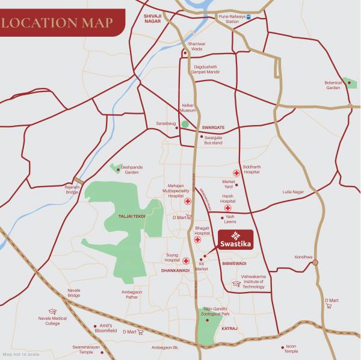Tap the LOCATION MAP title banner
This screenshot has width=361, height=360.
(57, 23)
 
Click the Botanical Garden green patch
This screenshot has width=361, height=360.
(351, 82)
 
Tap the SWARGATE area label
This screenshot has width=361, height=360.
(213, 128)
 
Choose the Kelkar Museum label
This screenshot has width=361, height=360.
(188, 108)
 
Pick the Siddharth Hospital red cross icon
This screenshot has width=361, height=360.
(237, 173)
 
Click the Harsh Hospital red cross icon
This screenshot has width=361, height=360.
(227, 208)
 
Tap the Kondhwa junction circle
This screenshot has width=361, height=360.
(315, 262)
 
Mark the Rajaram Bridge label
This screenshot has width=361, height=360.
(72, 190)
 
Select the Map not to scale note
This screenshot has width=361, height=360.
(19, 353)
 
